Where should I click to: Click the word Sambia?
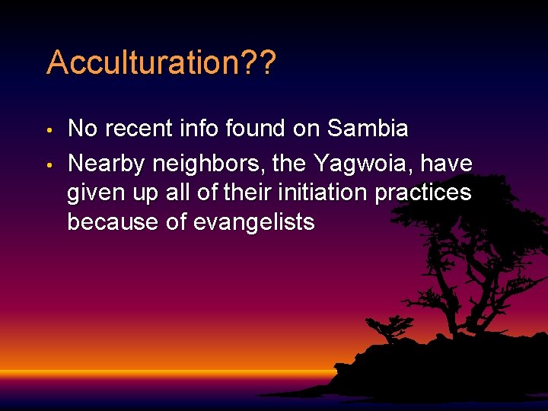click(x=368, y=129)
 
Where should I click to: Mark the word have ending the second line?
click(x=450, y=163)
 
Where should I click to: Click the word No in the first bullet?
click(x=83, y=129)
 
